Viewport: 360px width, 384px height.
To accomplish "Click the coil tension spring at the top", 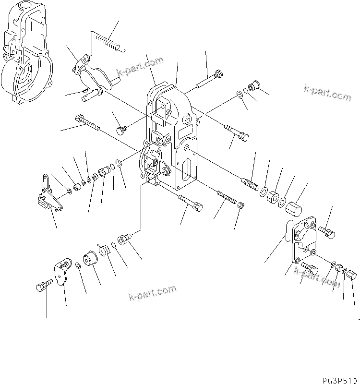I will [108, 40].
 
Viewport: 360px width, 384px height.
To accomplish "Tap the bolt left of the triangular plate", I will [42, 287].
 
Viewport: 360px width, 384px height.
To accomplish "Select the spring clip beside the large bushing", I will [104, 250].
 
